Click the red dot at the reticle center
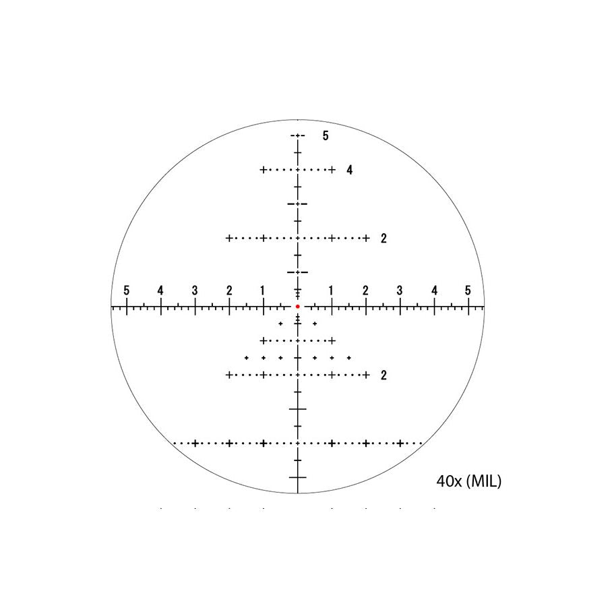(x=297, y=307)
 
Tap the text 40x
(x=449, y=481)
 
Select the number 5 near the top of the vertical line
(x=326, y=135)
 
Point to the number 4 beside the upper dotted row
(x=349, y=170)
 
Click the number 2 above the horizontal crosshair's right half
(x=384, y=238)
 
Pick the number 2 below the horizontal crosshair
(x=384, y=375)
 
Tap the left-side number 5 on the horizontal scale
(x=127, y=290)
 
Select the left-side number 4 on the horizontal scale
(x=160, y=290)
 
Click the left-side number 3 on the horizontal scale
(x=195, y=290)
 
